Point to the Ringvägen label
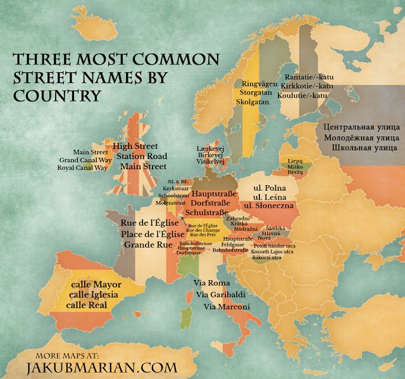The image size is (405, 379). pyautogui.click(x=261, y=83)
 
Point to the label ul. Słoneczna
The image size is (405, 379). pyautogui.click(x=274, y=207)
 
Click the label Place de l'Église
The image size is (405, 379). pyautogui.click(x=153, y=234)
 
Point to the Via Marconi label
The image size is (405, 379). pyautogui.click(x=227, y=307)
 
